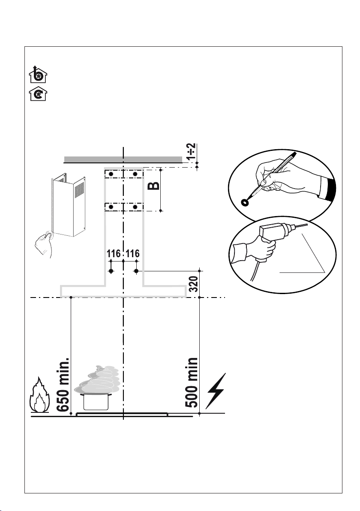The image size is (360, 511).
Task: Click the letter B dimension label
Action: pos(156,185)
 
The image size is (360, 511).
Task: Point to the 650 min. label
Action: pos(64,383)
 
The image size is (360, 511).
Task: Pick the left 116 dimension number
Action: pos(113,254)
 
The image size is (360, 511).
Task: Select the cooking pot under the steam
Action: pos(94,402)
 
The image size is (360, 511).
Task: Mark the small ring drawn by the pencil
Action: pos(246,202)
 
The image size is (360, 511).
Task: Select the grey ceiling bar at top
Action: pos(123,159)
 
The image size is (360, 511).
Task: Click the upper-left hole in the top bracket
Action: pos(111,174)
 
